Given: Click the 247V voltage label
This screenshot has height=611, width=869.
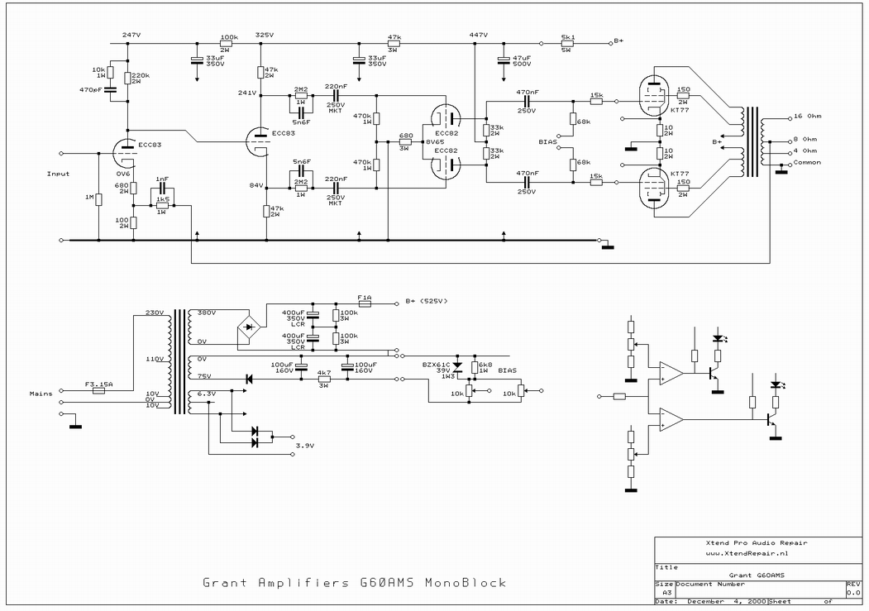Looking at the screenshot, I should pyautogui.click(x=131, y=35).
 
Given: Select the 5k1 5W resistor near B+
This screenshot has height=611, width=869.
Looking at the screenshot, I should pyautogui.click(x=568, y=43).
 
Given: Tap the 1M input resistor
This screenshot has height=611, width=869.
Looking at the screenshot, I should pyautogui.click(x=98, y=198).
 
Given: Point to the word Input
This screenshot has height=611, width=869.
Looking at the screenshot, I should pyautogui.click(x=59, y=174).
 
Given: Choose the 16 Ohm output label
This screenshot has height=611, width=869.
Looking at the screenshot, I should pyautogui.click(x=808, y=116).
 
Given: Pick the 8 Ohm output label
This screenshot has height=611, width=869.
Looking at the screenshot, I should pyautogui.click(x=805, y=139).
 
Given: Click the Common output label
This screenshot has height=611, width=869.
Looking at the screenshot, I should pyautogui.click(x=807, y=162).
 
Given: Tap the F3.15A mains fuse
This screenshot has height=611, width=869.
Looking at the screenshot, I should pyautogui.click(x=99, y=389).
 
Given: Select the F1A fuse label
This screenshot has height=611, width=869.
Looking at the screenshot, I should pyautogui.click(x=365, y=297).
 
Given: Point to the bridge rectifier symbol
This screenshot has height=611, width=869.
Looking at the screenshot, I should pyautogui.click(x=250, y=327).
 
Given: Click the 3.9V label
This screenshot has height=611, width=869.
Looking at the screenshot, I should pyautogui.click(x=304, y=446).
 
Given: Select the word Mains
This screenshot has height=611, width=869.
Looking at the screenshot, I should pyautogui.click(x=41, y=394).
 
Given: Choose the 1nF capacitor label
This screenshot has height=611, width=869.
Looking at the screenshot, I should pyautogui.click(x=162, y=179).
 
